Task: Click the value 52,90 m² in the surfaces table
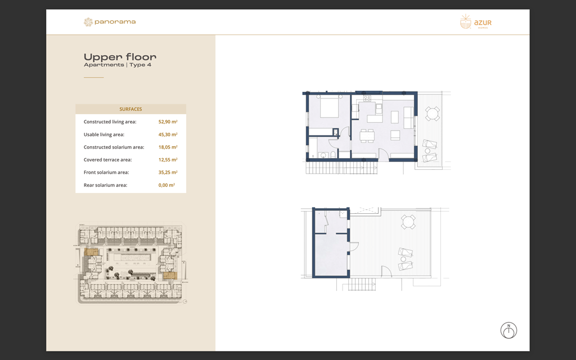168,121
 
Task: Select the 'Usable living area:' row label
104,134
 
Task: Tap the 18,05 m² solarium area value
168,147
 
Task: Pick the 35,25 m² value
168,172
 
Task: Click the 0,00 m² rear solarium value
167,185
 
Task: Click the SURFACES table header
130,109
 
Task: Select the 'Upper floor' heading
120,57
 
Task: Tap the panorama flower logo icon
88,22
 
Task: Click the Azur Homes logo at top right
475,22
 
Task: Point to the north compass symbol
508,331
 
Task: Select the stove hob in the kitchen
367,99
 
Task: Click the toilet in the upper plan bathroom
333,154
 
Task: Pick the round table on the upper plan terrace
432,114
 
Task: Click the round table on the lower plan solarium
408,222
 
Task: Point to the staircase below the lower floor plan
361,284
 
